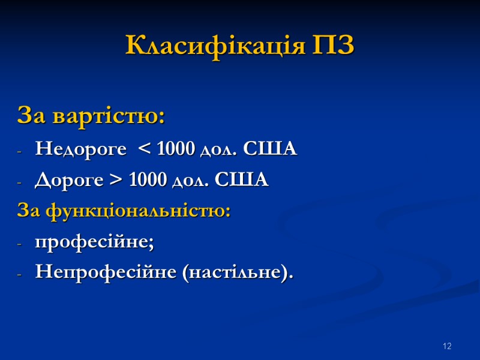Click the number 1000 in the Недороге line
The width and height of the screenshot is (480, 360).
coord(176,149)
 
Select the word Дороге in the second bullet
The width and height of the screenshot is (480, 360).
coord(69,180)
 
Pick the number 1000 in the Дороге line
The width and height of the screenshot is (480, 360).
coord(147,180)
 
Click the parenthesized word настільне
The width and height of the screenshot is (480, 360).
coord(234,274)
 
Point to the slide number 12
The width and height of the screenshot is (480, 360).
coord(446,346)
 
